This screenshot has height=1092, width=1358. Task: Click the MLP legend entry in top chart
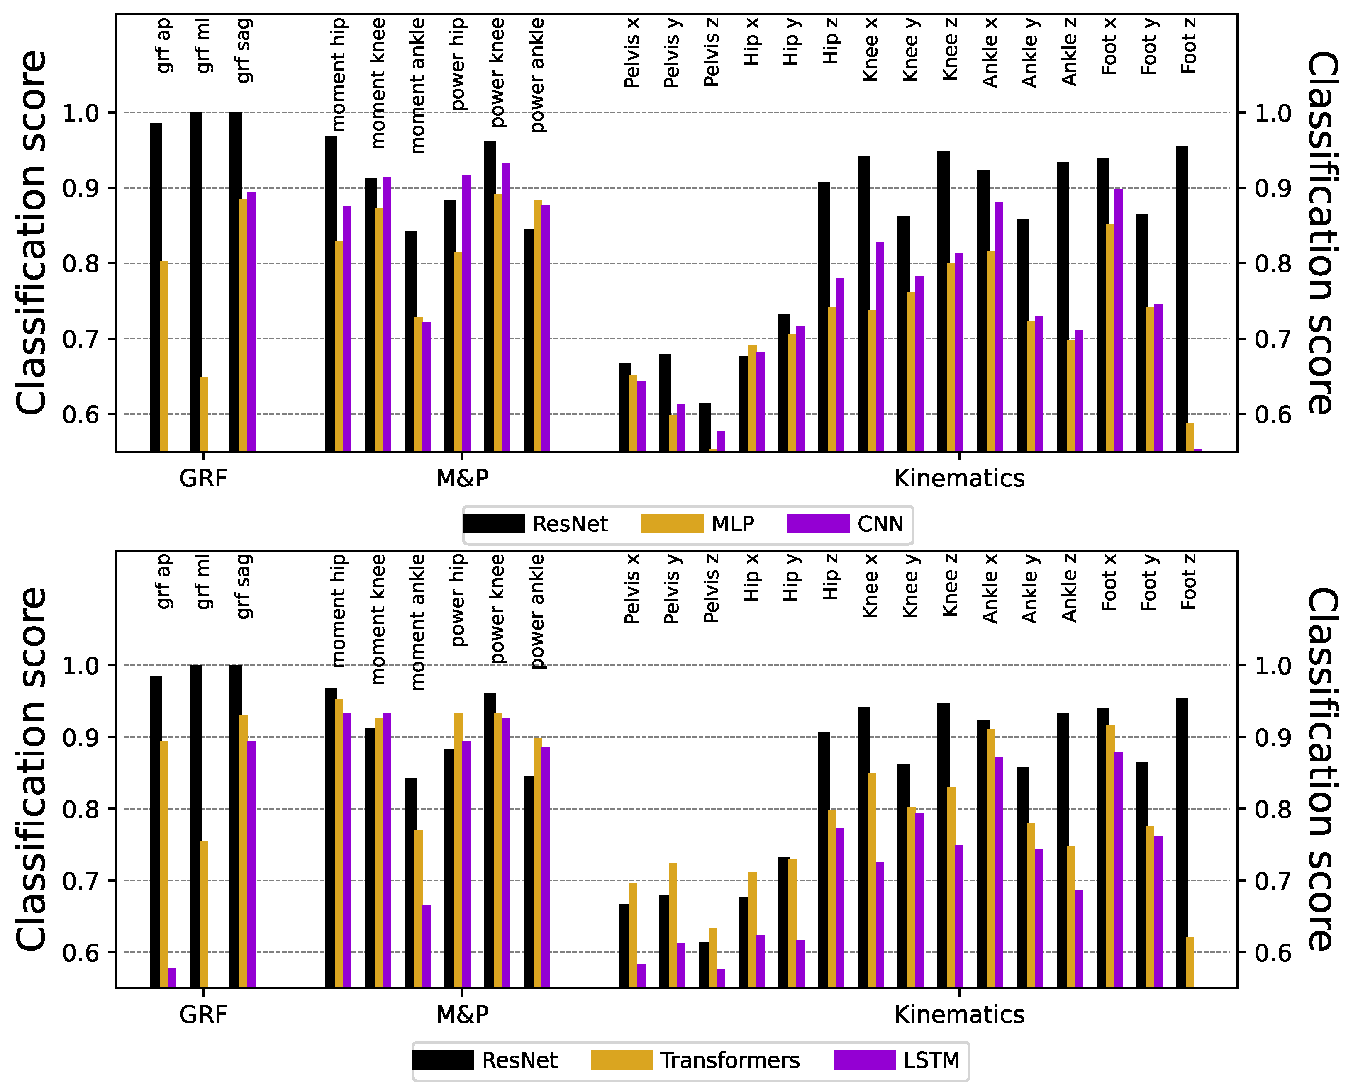click(697, 524)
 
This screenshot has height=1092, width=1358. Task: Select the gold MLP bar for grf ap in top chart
click(164, 356)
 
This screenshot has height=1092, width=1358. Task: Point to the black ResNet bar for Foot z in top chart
click(1182, 299)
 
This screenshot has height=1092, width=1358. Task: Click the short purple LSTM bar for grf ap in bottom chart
click(172, 978)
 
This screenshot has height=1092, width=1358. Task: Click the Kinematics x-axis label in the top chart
click(959, 479)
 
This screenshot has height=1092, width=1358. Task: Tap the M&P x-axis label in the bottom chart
click(462, 1014)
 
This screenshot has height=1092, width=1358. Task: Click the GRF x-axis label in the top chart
click(203, 479)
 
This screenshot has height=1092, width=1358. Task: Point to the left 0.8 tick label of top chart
click(80, 263)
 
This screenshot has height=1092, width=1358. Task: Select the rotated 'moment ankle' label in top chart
click(417, 86)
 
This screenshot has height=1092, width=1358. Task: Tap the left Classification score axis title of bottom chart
click(32, 769)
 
